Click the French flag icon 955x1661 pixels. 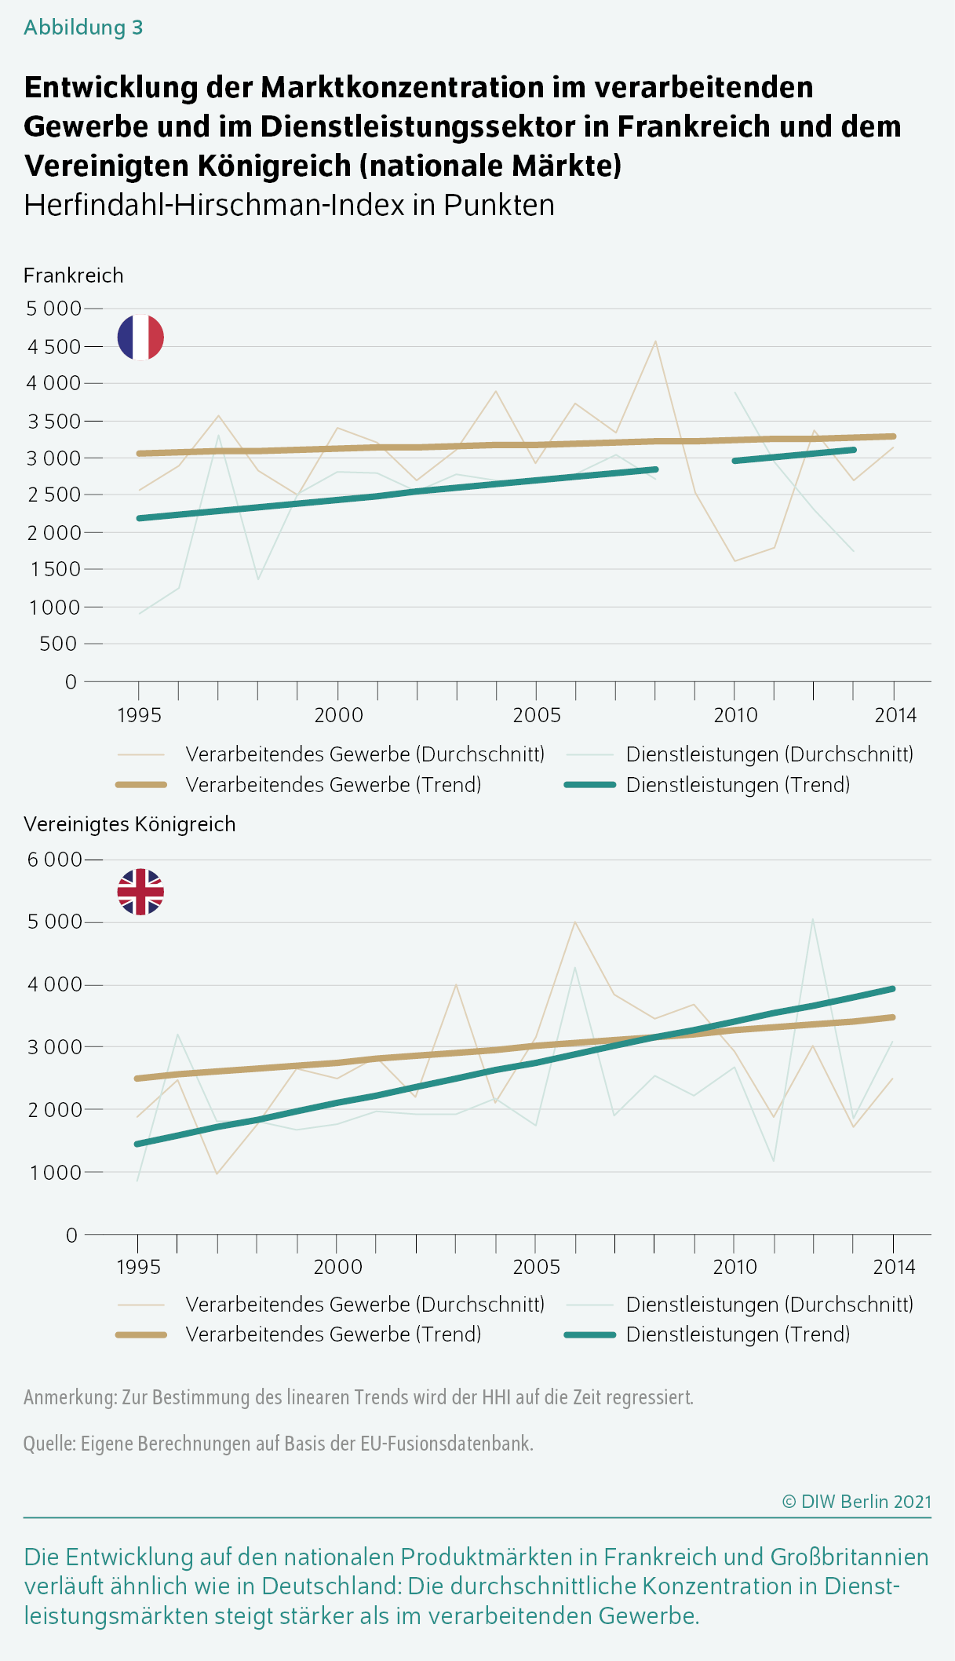pyautogui.click(x=140, y=338)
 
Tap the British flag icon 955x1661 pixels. pyautogui.click(x=140, y=892)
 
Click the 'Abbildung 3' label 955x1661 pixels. pyautogui.click(x=83, y=27)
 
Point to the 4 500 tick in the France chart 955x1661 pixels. pyautogui.click(x=53, y=347)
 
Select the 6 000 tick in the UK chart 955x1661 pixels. pyautogui.click(x=53, y=860)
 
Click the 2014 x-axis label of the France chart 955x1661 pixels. pyautogui.click(x=895, y=715)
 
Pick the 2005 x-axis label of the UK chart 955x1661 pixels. pyautogui.click(x=537, y=1267)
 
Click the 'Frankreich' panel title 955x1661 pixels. pyautogui.click(x=74, y=276)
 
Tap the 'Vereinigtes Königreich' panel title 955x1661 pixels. pyautogui.click(x=129, y=824)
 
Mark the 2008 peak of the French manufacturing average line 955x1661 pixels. pyautogui.click(x=655, y=341)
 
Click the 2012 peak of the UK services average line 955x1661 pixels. pyautogui.click(x=813, y=919)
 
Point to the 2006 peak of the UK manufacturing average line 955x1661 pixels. pyautogui.click(x=575, y=922)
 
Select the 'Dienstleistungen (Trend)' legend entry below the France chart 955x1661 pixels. pyautogui.click(x=738, y=785)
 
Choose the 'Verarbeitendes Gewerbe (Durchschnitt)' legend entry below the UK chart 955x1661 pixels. pyautogui.click(x=365, y=1305)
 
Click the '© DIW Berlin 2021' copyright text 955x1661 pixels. pyautogui.click(x=857, y=1502)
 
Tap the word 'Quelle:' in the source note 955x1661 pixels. pyautogui.click(x=49, y=1444)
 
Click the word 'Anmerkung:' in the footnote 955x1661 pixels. pyautogui.click(x=70, y=1397)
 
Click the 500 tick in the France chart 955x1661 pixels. pyautogui.click(x=59, y=644)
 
